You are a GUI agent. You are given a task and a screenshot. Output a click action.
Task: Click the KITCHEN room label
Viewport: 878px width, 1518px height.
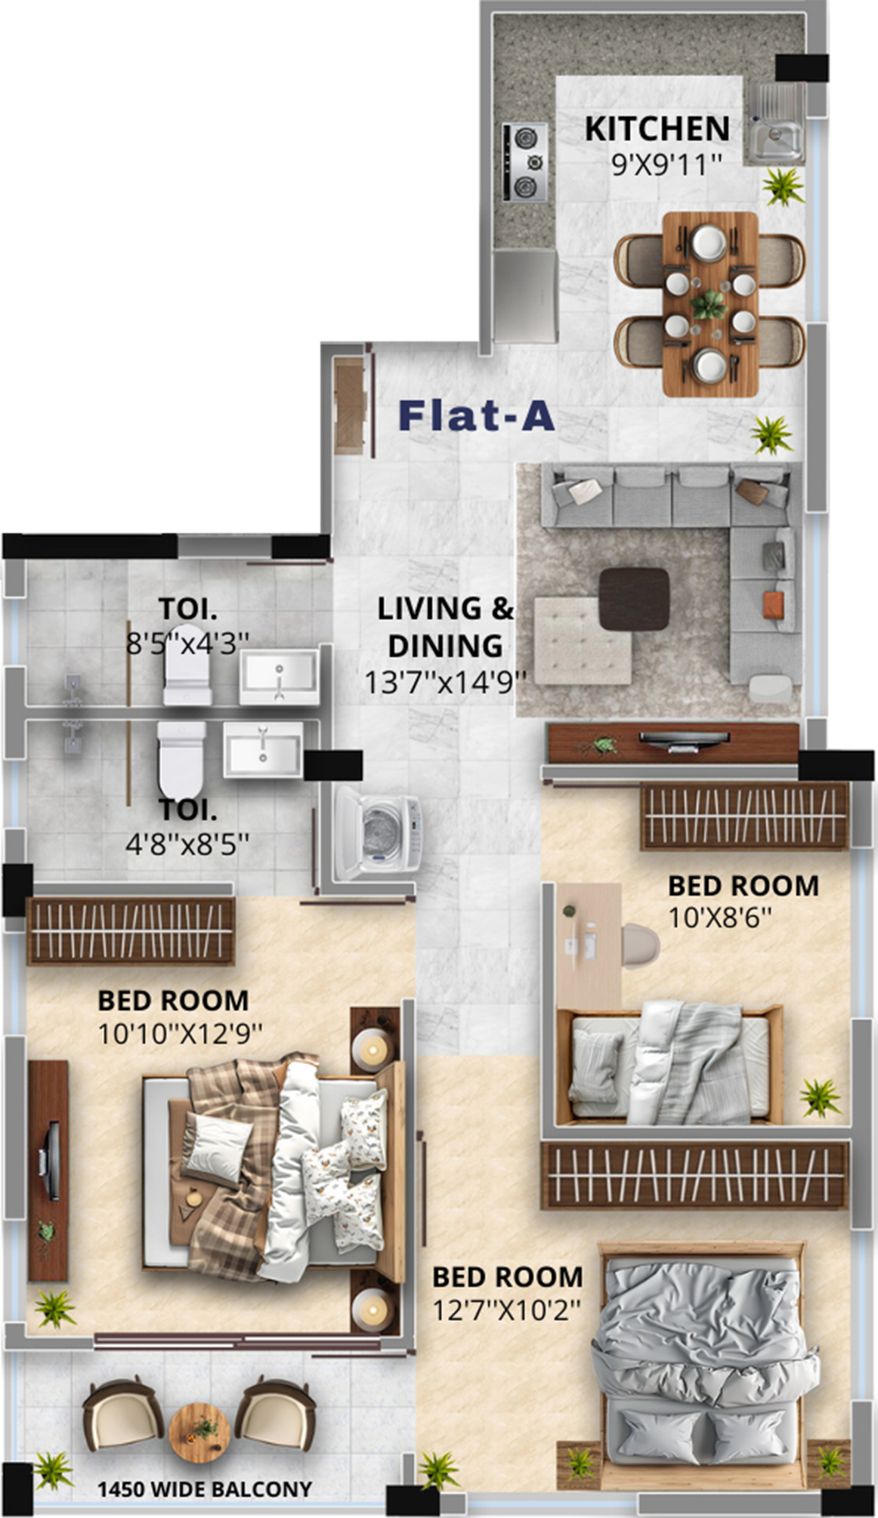657,128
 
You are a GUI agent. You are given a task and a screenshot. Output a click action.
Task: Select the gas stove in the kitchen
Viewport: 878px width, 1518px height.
524,163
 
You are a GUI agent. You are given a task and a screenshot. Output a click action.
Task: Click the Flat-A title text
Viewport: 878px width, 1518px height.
476,415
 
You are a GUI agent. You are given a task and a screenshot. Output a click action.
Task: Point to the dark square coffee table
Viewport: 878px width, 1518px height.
634,599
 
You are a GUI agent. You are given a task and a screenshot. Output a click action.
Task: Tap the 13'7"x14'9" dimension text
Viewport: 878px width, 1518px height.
445,681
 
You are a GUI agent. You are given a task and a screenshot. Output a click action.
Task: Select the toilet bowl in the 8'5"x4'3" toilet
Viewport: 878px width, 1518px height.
187,665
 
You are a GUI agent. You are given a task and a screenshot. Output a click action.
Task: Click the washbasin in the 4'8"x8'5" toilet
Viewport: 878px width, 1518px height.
262,749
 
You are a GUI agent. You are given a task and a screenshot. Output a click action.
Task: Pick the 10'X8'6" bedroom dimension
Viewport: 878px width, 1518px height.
720,918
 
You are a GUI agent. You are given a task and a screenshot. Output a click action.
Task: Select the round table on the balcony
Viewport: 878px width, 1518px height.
199,1429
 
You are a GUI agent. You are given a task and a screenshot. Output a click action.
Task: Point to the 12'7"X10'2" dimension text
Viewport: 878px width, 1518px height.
506,1309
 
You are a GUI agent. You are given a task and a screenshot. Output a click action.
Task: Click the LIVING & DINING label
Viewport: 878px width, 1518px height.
445,627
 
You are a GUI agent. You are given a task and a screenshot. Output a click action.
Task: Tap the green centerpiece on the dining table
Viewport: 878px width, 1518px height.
710,304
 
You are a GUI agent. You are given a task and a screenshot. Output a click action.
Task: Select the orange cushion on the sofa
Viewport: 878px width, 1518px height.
772,604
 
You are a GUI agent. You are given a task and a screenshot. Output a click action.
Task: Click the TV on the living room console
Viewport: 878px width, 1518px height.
684,739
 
